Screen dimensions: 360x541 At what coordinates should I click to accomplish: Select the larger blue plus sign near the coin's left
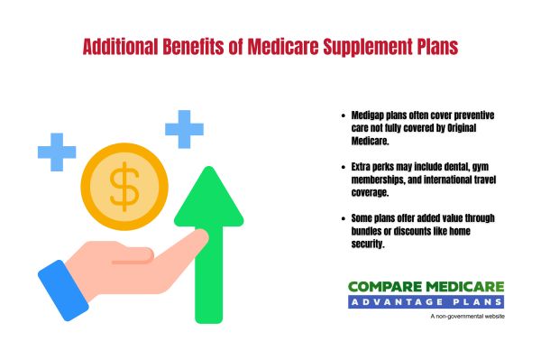(x=56, y=151)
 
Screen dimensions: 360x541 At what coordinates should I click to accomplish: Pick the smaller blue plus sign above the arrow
(x=184, y=128)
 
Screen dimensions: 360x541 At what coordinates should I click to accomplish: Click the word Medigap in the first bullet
(x=371, y=115)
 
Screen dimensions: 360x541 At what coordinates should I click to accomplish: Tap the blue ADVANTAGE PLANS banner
(x=426, y=301)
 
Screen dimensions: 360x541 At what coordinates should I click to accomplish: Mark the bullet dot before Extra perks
(x=344, y=168)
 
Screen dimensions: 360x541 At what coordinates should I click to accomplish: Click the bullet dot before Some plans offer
(x=344, y=218)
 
